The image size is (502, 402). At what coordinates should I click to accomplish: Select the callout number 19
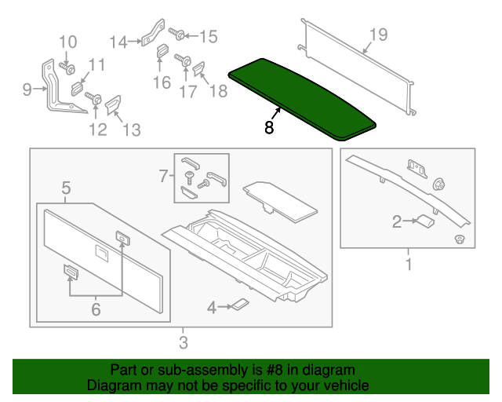pyautogui.click(x=378, y=34)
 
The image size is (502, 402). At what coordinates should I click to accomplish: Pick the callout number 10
pyautogui.click(x=68, y=41)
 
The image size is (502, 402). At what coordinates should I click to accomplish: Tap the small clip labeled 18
pyautogui.click(x=198, y=71)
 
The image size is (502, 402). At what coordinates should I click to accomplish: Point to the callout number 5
pyautogui.click(x=66, y=188)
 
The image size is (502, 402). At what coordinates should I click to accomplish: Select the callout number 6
pyautogui.click(x=96, y=309)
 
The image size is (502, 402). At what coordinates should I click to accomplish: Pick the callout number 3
pyautogui.click(x=183, y=342)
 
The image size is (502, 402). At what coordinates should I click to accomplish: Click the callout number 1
pyautogui.click(x=408, y=265)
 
